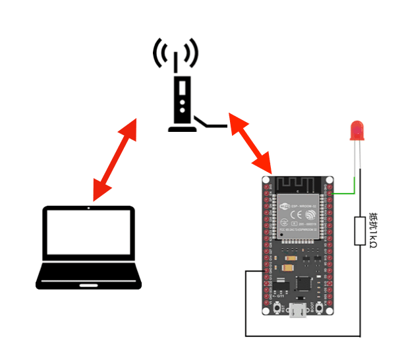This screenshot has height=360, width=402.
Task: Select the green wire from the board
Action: point(345,194)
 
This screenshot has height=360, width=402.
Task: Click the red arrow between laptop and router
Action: point(115,160)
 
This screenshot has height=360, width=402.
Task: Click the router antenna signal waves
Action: point(175,53)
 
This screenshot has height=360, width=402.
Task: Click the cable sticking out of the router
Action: point(211,125)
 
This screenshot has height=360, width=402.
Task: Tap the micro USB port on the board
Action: point(299,311)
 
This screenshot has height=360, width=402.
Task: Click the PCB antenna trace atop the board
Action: point(300,183)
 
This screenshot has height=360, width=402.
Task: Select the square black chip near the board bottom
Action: point(303,284)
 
